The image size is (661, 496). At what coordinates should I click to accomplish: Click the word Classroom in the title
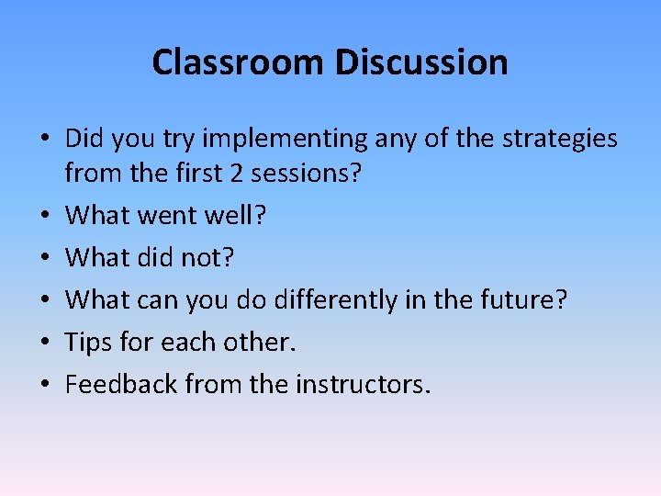tap(238, 62)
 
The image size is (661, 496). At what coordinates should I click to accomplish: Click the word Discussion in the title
tap(420, 62)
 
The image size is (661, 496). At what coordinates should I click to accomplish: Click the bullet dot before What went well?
tap(43, 217)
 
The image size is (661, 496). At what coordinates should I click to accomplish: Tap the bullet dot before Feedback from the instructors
tap(43, 386)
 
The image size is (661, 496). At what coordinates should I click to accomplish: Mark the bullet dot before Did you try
tap(43, 141)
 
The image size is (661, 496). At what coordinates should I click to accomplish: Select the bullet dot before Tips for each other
tap(43, 344)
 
